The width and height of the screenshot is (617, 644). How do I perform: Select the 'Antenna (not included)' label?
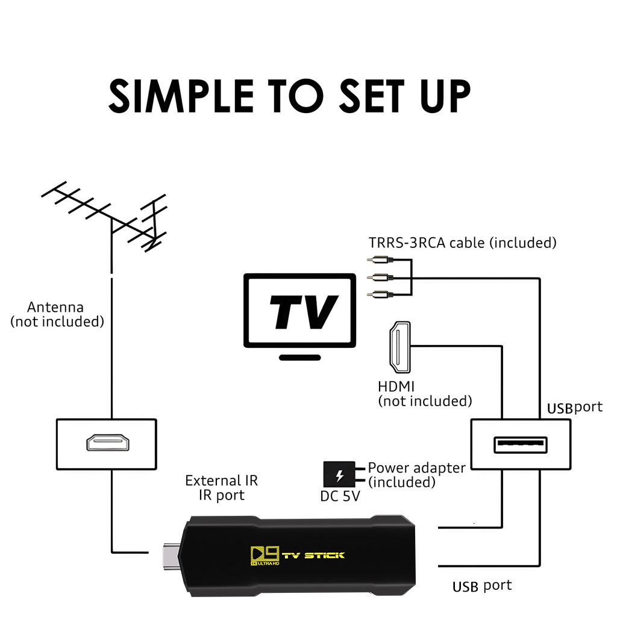pyautogui.click(x=57, y=315)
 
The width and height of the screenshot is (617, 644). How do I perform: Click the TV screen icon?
pyautogui.click(x=299, y=311)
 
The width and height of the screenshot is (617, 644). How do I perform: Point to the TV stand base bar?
pyautogui.click(x=299, y=357)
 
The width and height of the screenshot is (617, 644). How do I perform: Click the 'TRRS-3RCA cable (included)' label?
pyautogui.click(x=462, y=243)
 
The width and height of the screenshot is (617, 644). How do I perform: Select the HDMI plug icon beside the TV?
pyautogui.click(x=399, y=347)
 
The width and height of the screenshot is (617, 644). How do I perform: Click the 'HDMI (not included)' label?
pyautogui.click(x=424, y=394)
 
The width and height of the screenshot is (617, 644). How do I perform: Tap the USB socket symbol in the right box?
pyautogui.click(x=521, y=445)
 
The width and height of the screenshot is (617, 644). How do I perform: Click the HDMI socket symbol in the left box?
pyautogui.click(x=107, y=444)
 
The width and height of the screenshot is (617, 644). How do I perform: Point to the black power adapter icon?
pyautogui.click(x=339, y=474)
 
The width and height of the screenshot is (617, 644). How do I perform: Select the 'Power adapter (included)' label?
pyautogui.click(x=416, y=474)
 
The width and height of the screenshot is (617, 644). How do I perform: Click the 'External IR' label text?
pyautogui.click(x=221, y=480)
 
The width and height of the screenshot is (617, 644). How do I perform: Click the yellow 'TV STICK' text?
pyautogui.click(x=313, y=554)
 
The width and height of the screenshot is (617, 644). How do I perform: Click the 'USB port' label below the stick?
pyautogui.click(x=481, y=586)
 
